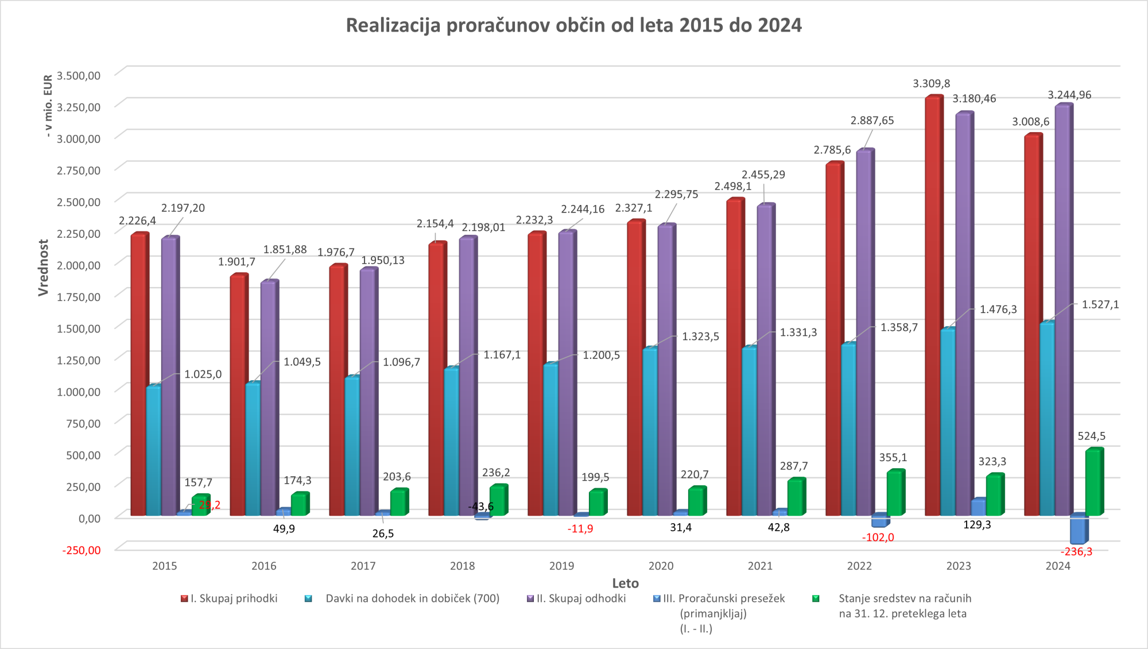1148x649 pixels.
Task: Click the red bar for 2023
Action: coord(933,304)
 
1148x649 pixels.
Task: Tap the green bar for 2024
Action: coord(1093,482)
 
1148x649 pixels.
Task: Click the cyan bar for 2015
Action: coord(153,451)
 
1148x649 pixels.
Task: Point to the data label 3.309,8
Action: coord(931,84)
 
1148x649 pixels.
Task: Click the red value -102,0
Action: coord(878,538)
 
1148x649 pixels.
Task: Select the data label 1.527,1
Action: coord(1100,304)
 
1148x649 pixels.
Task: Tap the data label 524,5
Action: coord(1091,436)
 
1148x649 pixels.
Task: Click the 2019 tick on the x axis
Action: coord(561,566)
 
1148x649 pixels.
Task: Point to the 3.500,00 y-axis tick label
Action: coord(79,75)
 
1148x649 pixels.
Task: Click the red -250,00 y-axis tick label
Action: coord(82,550)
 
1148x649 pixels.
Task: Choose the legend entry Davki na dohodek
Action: coord(412,598)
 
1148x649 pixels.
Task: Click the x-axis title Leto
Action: coord(625,584)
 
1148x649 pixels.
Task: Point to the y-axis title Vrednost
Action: coord(44,268)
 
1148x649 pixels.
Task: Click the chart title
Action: coord(573,26)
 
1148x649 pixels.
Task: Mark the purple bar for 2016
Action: coord(269,396)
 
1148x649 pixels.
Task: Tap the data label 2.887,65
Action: coord(872,121)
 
